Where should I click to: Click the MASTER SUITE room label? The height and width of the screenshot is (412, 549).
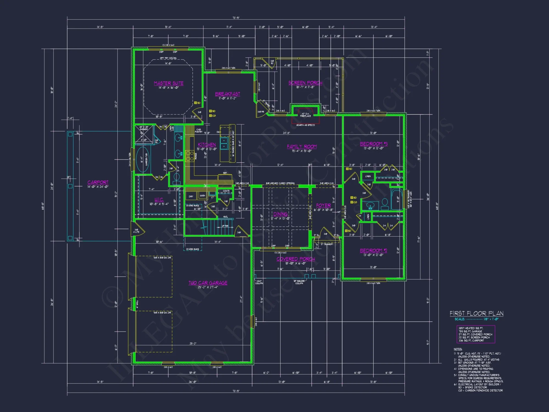coord(169,83)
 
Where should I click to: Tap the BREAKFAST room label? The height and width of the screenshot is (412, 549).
coord(227,94)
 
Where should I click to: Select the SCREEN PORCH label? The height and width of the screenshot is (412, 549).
coord(305,83)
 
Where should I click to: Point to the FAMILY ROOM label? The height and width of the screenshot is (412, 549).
coord(302,147)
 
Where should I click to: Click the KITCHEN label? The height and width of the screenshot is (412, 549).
coord(207,145)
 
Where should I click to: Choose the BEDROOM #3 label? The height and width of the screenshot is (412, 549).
coord(374,144)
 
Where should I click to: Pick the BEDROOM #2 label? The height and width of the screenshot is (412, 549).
coord(373,250)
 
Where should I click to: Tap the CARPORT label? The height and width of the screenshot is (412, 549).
coord(98,182)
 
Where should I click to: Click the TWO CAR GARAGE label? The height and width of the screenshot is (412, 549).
coord(208,283)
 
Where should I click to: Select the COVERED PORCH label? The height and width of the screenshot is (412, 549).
coord(296,259)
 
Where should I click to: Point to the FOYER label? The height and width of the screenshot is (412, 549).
coord(323,205)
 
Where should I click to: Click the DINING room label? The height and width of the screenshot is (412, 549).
coord(280,214)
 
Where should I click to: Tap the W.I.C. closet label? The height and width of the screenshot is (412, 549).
coord(159,200)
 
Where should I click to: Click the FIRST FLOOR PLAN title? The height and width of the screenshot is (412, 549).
coord(476,314)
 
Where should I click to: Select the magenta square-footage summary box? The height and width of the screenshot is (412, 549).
coord(476,334)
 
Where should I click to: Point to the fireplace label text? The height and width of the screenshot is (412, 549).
coord(305,115)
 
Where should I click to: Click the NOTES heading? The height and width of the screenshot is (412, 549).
coord(458,349)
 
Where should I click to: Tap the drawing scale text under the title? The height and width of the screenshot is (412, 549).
coord(476,319)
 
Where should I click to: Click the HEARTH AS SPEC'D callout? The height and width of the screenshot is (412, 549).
coord(305,125)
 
